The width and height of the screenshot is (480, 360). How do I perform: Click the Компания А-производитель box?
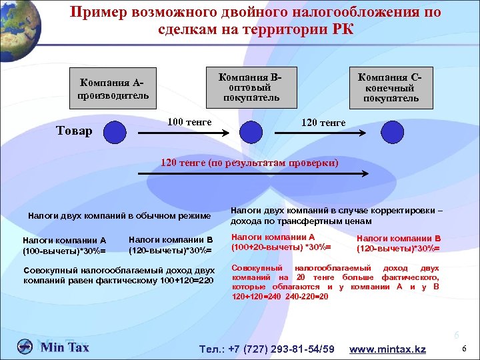click(x=112, y=89)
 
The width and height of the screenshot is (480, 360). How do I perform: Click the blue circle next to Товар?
click(x=115, y=131)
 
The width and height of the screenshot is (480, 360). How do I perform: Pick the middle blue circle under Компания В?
click(x=251, y=131)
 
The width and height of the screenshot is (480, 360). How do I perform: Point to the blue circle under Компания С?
click(x=392, y=131)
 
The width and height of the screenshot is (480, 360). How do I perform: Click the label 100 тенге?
click(x=189, y=121)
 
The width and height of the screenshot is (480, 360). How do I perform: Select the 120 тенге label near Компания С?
click(x=323, y=122)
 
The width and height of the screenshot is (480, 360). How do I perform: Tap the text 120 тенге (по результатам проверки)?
click(x=251, y=162)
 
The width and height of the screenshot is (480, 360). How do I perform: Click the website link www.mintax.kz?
click(x=387, y=349)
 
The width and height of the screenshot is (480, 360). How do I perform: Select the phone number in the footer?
click(x=267, y=349)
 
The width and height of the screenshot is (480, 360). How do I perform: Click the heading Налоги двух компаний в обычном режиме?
click(x=119, y=215)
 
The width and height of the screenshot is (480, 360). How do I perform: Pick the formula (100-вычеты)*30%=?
click(x=64, y=250)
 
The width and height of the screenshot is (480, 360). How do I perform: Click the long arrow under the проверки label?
click(x=253, y=174)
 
